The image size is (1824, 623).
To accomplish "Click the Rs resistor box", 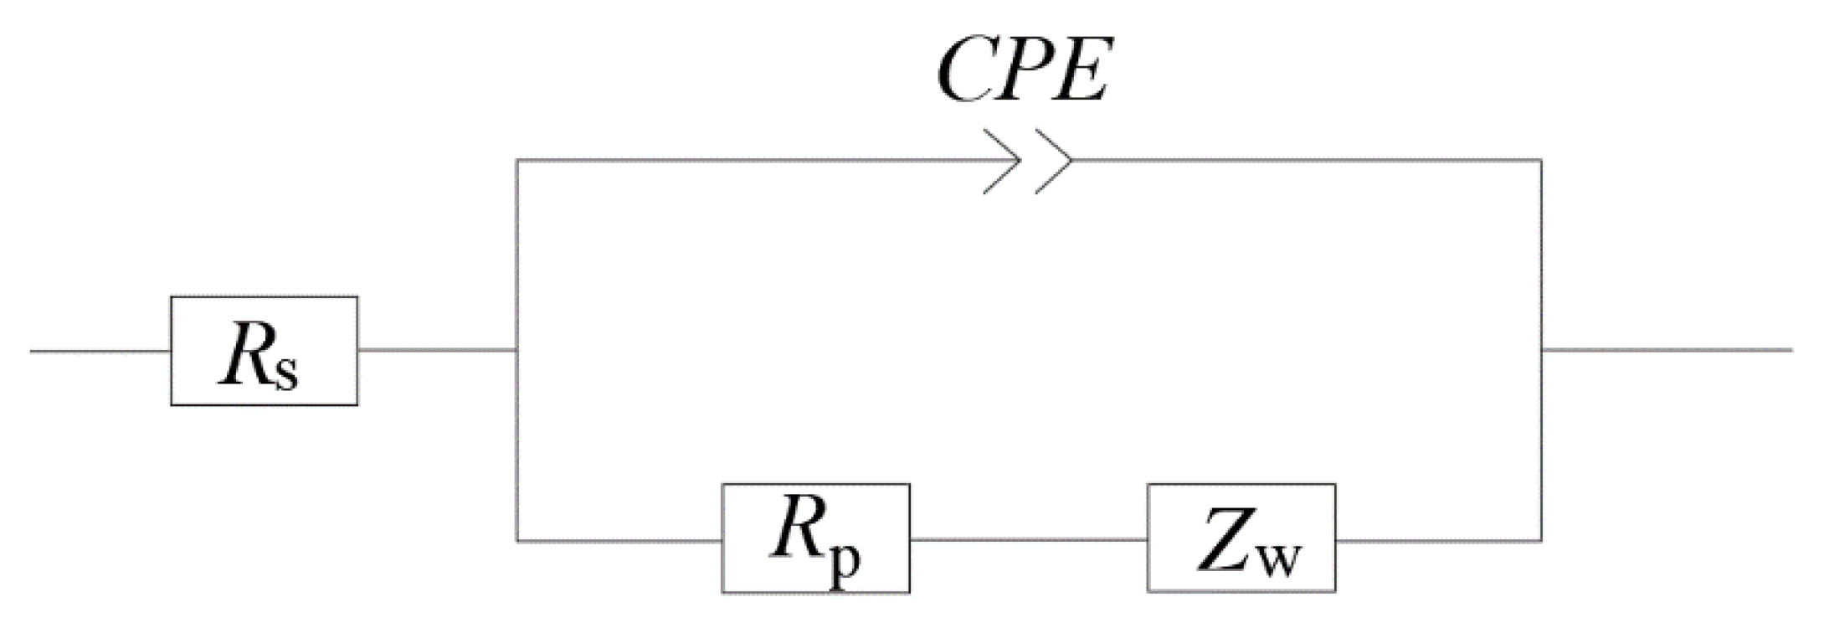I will pyautogui.click(x=264, y=351).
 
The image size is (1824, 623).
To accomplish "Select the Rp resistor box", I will pyautogui.click(x=815, y=538).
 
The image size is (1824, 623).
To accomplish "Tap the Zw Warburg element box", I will pyautogui.click(x=1241, y=538).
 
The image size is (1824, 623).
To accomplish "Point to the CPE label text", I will pyautogui.click(x=1022, y=72).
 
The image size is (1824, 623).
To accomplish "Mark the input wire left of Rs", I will pyautogui.click(x=100, y=351).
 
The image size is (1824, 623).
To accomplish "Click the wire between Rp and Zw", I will pyautogui.click(x=1028, y=540).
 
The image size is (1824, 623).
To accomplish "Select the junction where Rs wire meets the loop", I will pyautogui.click(x=517, y=350).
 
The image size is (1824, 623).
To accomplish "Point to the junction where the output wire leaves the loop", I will pyautogui.click(x=1541, y=350).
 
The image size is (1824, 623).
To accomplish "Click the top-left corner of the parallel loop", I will pyautogui.click(x=517, y=160).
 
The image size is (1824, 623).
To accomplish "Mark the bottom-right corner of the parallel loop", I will pyautogui.click(x=1541, y=541).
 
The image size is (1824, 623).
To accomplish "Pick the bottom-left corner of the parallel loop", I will pyautogui.click(x=517, y=541).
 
